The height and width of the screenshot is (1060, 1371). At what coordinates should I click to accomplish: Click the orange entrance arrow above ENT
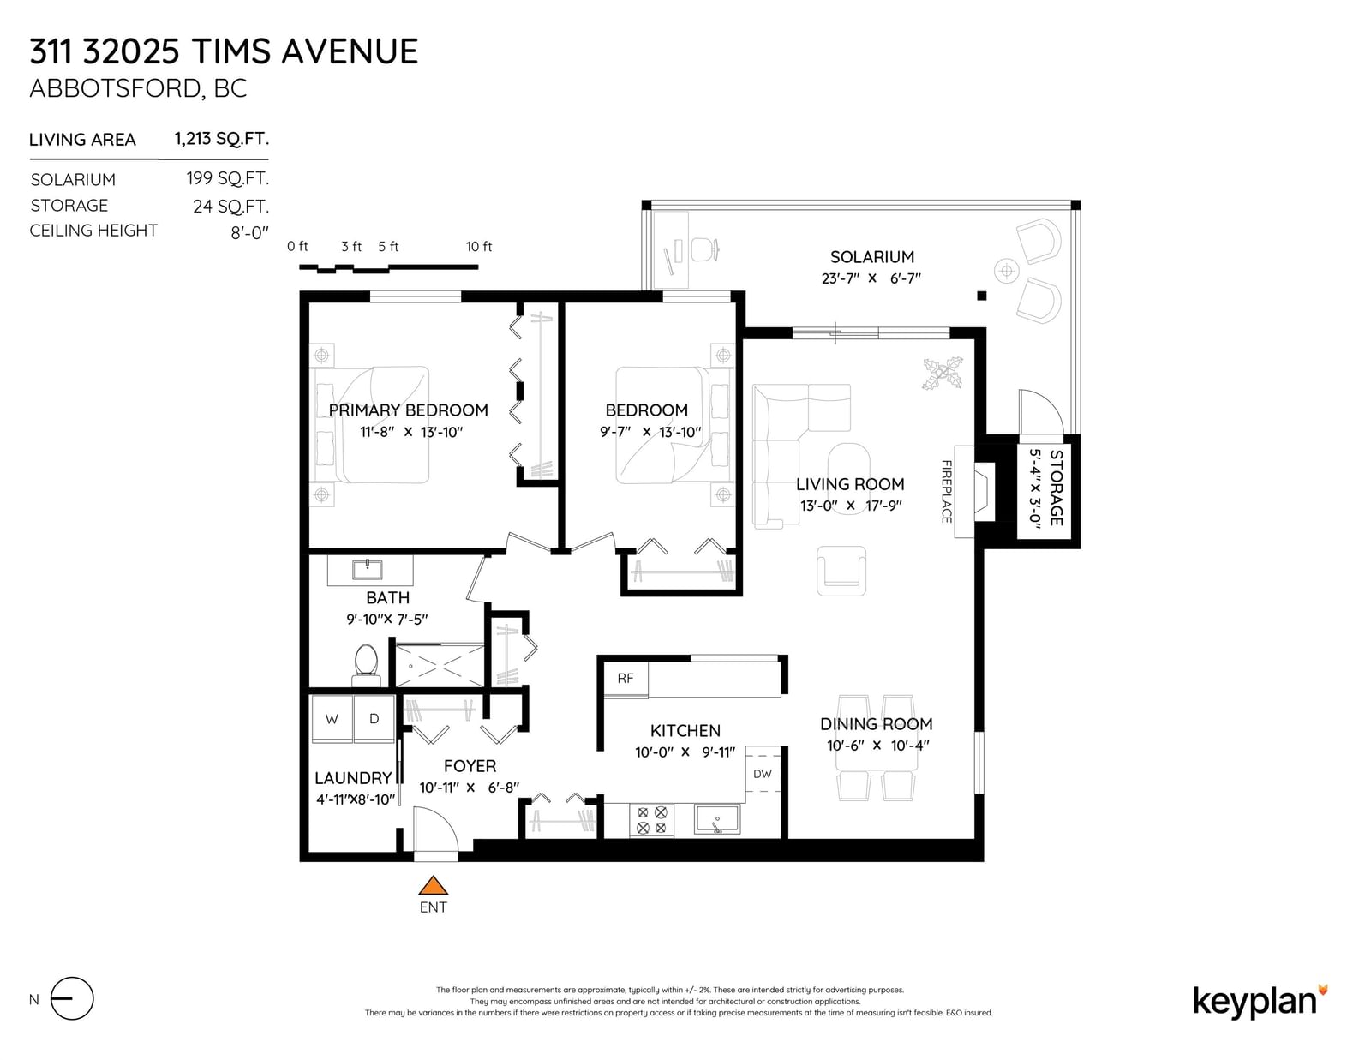[x=433, y=886]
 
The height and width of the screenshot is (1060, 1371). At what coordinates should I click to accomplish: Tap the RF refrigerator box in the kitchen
[x=626, y=679]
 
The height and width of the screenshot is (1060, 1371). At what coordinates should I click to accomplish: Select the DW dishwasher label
[x=762, y=774]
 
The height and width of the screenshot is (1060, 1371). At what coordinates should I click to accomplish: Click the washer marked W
[x=332, y=718]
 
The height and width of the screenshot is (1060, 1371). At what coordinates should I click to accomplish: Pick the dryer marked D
[x=374, y=718]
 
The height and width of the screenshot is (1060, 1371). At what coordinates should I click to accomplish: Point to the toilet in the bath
[x=366, y=664]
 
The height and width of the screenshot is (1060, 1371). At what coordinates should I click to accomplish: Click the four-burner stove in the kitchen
[x=652, y=820]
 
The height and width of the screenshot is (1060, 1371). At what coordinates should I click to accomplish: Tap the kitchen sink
[x=717, y=819]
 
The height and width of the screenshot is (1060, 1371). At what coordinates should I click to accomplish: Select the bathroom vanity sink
[x=368, y=569]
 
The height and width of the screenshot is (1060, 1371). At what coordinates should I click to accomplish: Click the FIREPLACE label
[x=946, y=492]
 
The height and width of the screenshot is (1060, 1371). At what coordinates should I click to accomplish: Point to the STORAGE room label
[x=1057, y=488]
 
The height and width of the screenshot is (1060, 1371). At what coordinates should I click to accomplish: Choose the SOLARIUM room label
[x=872, y=257]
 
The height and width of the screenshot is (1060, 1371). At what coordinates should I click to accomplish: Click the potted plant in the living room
[x=943, y=374]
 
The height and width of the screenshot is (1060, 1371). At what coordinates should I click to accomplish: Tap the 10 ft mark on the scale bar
[x=479, y=247]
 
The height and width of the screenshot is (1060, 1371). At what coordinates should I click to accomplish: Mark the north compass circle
[x=72, y=999]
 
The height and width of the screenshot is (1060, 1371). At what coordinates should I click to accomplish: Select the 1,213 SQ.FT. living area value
[x=221, y=139]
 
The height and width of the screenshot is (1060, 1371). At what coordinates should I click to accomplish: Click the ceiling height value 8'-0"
[x=250, y=233]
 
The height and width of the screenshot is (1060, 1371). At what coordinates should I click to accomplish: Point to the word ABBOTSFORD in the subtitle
[x=116, y=88]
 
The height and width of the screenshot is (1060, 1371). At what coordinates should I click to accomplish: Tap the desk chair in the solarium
[x=704, y=249]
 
